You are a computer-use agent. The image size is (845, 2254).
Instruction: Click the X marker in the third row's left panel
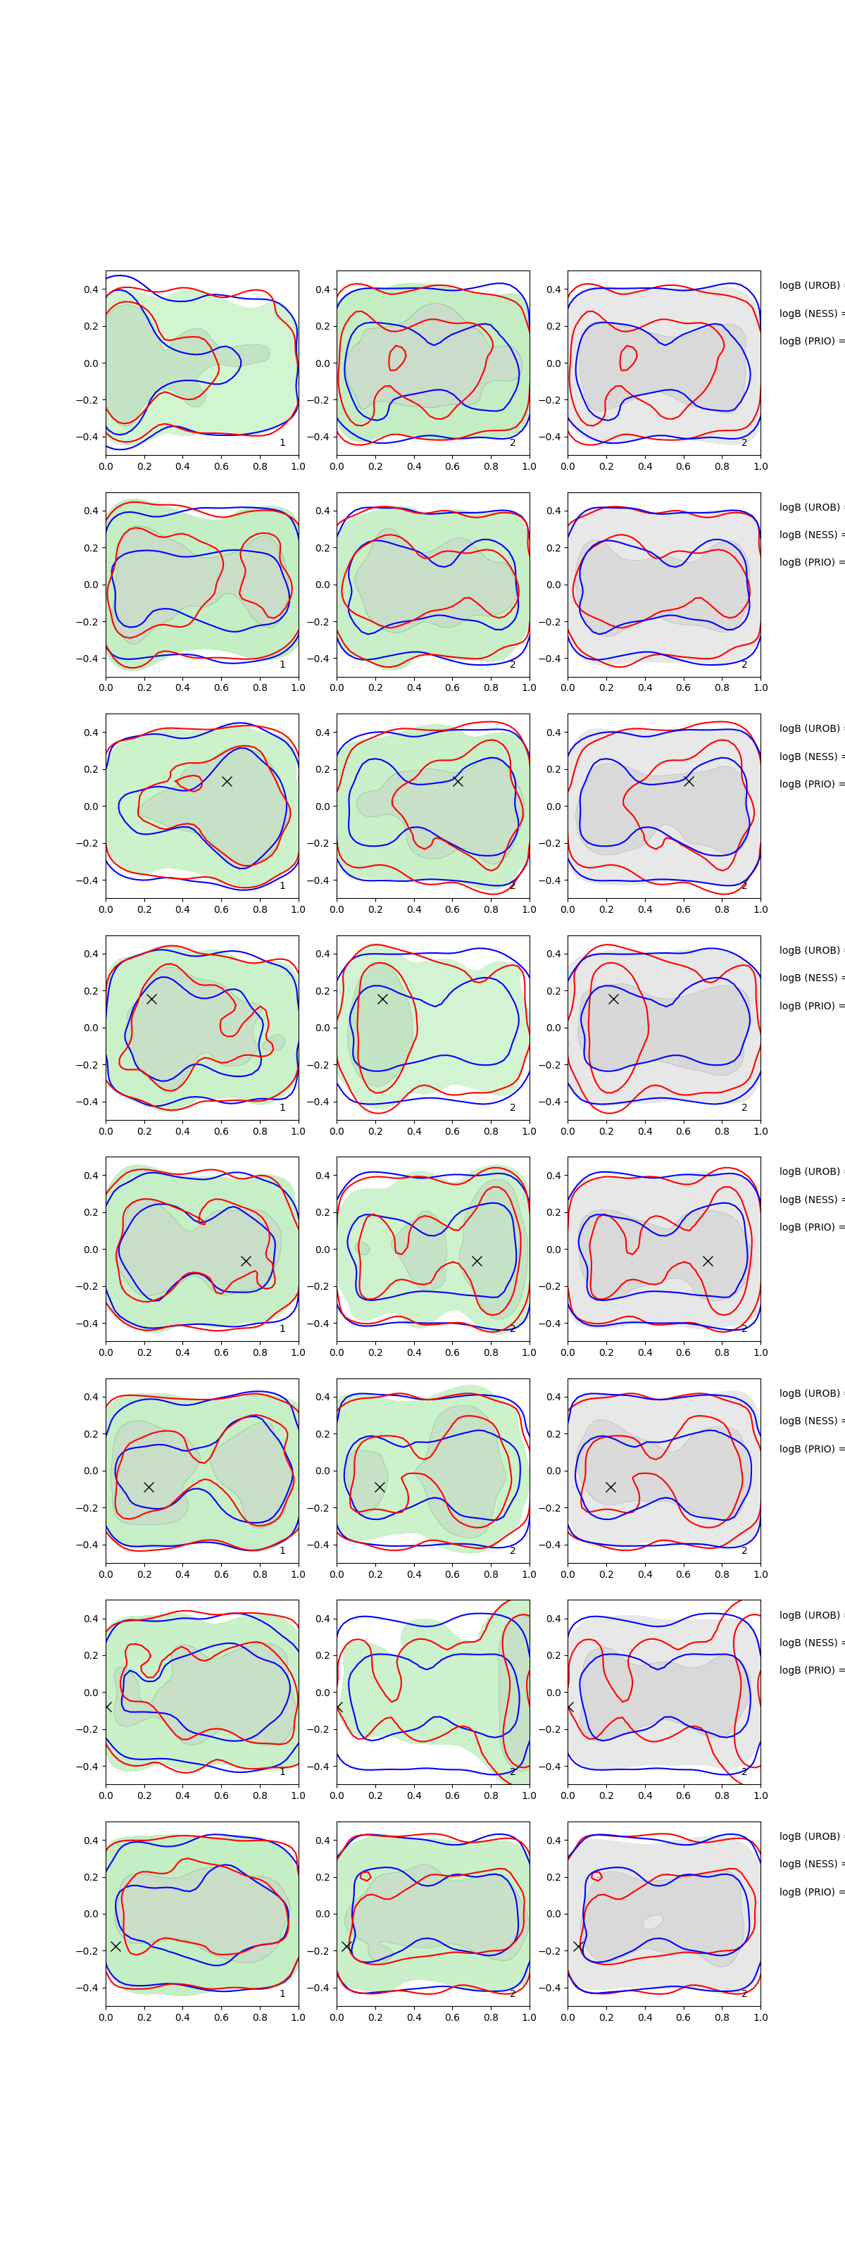pos(227,781)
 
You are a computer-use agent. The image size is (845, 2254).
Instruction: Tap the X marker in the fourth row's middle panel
pos(382,998)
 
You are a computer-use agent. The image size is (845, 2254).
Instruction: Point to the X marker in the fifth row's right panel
pos(708,1261)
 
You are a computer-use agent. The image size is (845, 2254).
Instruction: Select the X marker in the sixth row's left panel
pos(149,1487)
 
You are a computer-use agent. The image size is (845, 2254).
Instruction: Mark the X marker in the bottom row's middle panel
pos(346,1946)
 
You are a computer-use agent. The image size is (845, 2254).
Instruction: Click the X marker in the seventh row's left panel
pos(108,1706)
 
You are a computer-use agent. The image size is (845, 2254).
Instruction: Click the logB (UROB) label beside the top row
pos(810,285)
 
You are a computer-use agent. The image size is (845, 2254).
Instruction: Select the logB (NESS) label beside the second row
pos(809,535)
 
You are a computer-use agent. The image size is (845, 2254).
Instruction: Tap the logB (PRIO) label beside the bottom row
pos(810,1892)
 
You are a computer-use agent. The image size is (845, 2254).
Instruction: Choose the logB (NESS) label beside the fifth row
pos(809,1200)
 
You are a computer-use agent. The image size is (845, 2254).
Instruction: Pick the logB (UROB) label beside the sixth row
pos(810,1393)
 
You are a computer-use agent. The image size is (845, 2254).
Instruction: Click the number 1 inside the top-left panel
pos(282,443)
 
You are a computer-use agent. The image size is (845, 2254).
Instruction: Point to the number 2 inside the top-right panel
pos(744,443)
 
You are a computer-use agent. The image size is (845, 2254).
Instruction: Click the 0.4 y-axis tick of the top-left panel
pos(90,289)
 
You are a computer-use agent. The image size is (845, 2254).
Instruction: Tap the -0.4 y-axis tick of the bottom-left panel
pos(87,1987)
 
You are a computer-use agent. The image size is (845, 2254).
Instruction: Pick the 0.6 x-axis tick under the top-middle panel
pos(452,466)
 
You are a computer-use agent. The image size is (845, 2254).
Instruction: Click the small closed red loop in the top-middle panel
pos(396,358)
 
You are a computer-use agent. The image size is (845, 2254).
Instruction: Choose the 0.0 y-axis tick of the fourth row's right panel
pos(553,1028)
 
